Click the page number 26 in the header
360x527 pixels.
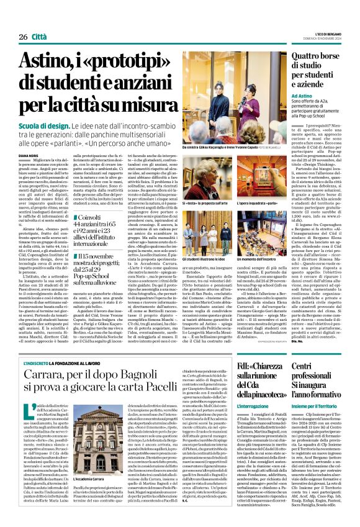click(23, 37)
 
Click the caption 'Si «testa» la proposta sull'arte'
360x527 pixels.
click(208, 202)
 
